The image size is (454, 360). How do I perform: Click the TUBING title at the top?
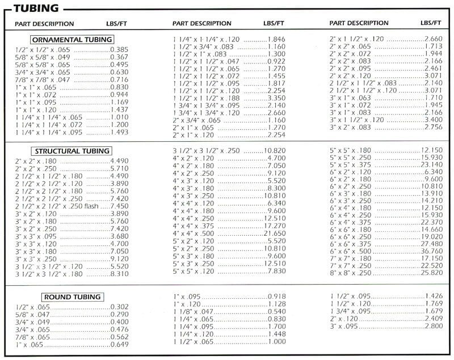click(x=36, y=9)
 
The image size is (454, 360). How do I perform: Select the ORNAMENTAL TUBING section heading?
click(x=72, y=40)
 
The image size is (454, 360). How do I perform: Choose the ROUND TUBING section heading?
click(x=72, y=297)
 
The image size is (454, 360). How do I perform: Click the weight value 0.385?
click(x=119, y=49)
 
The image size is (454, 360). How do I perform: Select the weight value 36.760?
click(x=431, y=251)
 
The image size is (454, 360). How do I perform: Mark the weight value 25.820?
click(x=431, y=273)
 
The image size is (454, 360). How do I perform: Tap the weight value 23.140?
click(x=431, y=164)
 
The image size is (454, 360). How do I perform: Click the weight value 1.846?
click(x=276, y=39)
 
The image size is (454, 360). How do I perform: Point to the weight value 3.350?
click(x=276, y=98)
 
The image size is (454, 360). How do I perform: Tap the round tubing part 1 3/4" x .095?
click(x=349, y=311)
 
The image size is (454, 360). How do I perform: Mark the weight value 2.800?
click(x=433, y=327)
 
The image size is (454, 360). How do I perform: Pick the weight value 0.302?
click(x=119, y=307)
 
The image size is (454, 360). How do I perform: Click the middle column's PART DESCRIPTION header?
click(x=202, y=23)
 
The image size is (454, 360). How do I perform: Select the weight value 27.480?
click(x=431, y=243)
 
